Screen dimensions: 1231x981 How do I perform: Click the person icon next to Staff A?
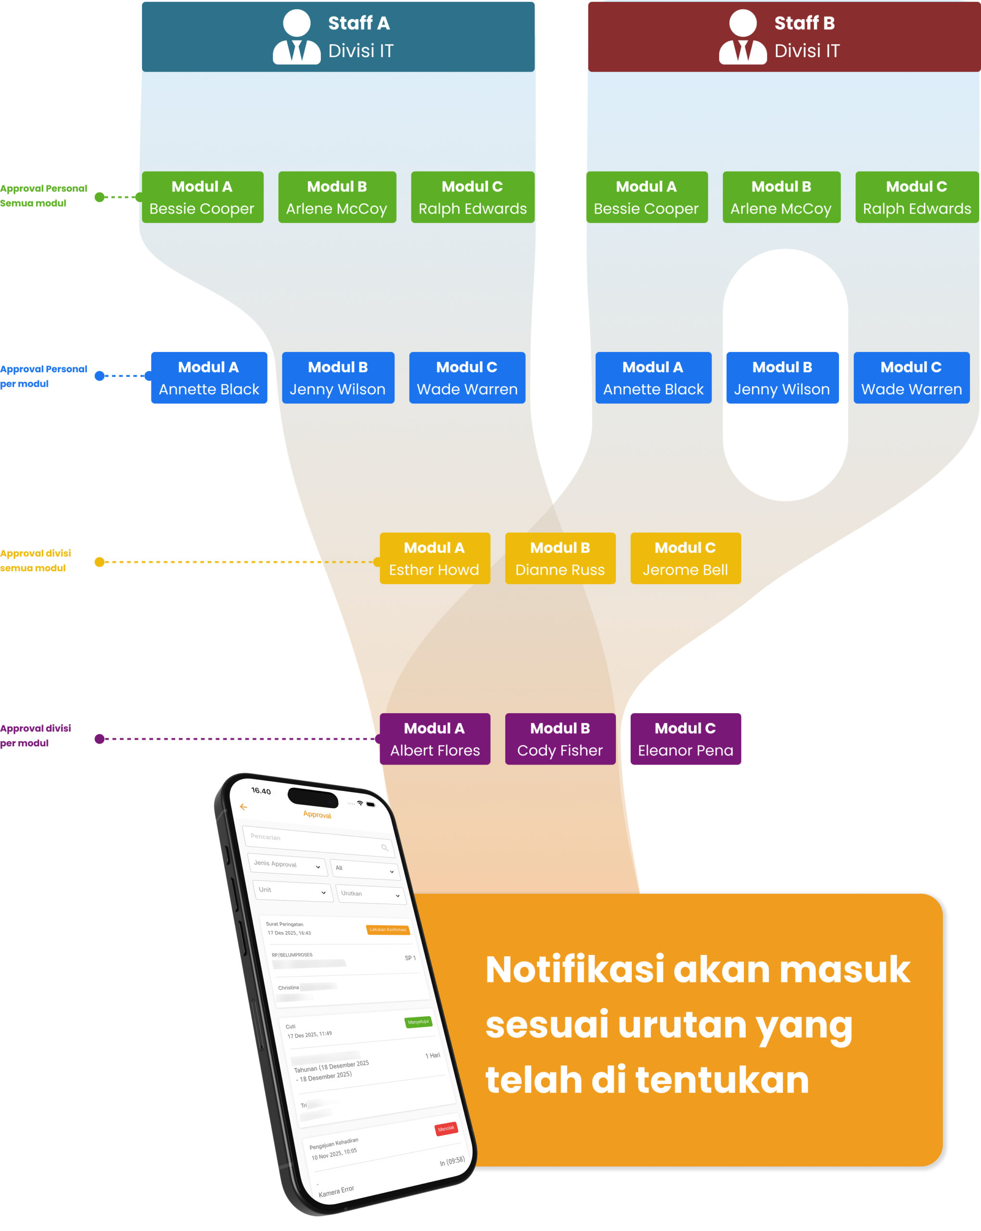296,37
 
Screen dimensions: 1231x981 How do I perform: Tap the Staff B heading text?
804,24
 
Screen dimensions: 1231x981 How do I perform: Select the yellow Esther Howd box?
435,558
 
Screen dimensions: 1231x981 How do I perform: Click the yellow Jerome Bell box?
686,558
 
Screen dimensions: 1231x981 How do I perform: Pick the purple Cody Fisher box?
560,739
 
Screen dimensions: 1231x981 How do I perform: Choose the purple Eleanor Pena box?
686,739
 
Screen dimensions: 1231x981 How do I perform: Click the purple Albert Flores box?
435,739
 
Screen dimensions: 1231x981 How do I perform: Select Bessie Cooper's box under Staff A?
202,197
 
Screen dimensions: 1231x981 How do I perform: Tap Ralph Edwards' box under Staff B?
917,197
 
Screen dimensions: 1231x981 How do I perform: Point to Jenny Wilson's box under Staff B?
782,378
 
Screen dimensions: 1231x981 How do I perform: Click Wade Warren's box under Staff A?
467,378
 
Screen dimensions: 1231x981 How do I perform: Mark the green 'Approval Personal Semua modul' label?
43,196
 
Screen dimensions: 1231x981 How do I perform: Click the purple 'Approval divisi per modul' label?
36,735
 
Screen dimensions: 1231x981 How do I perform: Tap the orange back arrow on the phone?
243,807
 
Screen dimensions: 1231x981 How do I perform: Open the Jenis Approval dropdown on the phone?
287,865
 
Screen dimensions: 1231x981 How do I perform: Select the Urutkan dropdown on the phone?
371,894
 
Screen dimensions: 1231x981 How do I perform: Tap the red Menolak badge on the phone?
446,1128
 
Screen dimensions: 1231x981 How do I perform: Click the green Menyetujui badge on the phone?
418,1022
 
